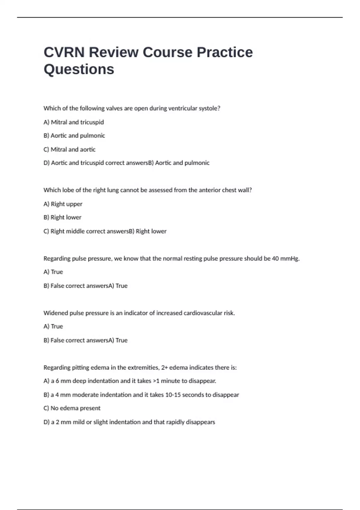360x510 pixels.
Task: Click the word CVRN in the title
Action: (x=64, y=52)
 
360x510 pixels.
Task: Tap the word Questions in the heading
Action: (x=79, y=69)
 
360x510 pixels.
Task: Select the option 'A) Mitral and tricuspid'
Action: (x=73, y=122)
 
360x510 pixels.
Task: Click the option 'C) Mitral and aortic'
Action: (x=69, y=149)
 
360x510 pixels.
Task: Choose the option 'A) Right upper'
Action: (x=63, y=204)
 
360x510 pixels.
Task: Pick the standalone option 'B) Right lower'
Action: (x=62, y=217)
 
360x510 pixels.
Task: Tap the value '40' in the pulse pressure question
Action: (x=275, y=259)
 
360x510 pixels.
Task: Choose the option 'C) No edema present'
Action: (x=72, y=408)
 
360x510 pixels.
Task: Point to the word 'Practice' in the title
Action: (x=225, y=52)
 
